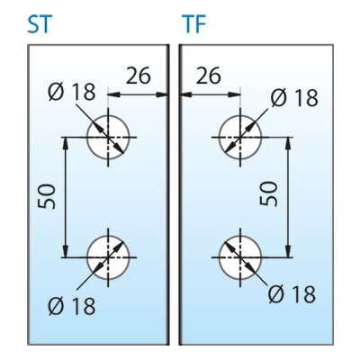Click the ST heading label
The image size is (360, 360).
point(40,24)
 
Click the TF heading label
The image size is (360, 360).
point(193,24)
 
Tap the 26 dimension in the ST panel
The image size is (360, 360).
point(138,76)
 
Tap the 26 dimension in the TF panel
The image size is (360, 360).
point(209,76)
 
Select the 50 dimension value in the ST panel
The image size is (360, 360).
point(47,196)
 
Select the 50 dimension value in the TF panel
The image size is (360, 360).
point(268,193)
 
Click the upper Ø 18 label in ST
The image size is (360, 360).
point(72,92)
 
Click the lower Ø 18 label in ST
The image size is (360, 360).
point(72,306)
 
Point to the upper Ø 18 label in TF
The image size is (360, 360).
point(294,98)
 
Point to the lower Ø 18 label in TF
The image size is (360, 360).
point(292,294)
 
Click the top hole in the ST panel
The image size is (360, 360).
point(108,138)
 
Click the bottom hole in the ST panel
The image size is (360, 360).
point(108,257)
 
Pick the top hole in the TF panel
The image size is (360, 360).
point(240,138)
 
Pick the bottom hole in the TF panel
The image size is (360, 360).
point(240,257)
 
